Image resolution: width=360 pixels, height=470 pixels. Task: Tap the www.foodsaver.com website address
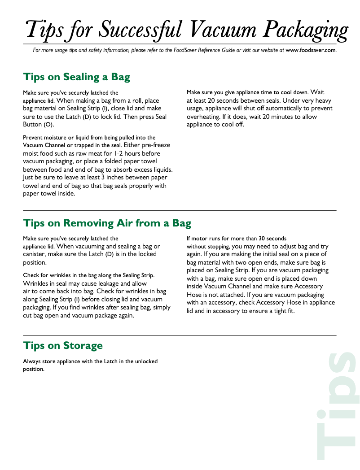[x=311, y=50]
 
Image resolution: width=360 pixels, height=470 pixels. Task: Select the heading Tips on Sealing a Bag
[x=76, y=77]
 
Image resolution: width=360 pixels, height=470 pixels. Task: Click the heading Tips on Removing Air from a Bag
[x=107, y=223]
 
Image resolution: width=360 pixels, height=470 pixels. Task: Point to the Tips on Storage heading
[x=62, y=345]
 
